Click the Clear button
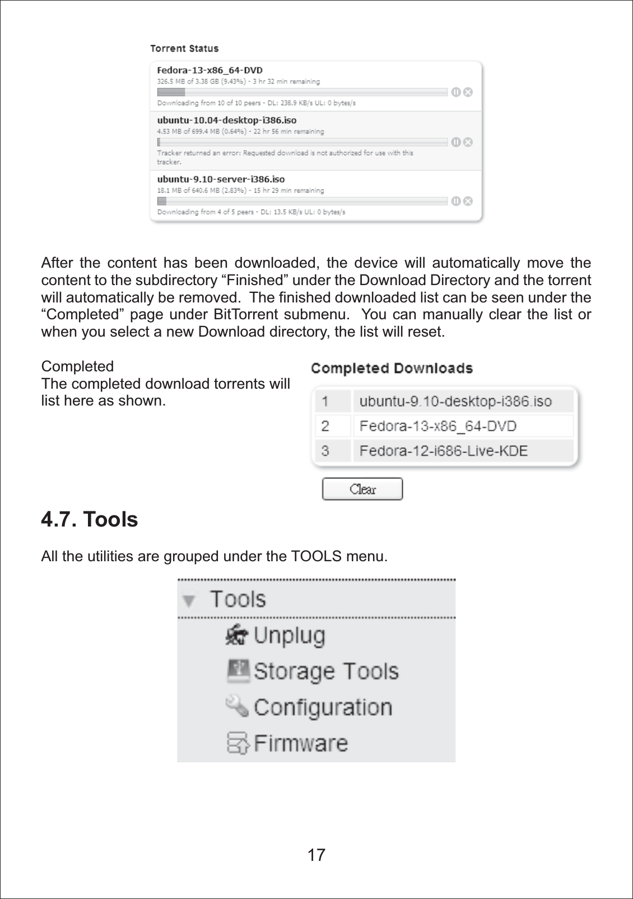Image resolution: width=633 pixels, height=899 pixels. tap(362, 489)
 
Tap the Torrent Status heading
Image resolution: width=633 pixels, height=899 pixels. tap(184, 49)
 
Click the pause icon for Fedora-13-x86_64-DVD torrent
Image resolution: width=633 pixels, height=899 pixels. tap(456, 92)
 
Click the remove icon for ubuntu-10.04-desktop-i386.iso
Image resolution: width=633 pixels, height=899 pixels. tap(468, 142)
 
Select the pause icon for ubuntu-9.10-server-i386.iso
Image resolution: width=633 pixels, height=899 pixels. tap(456, 201)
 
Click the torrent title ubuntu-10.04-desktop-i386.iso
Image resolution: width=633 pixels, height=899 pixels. tap(226, 120)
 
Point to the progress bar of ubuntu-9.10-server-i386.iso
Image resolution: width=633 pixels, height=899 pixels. tap(302, 201)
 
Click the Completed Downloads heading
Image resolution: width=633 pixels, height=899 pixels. tap(392, 369)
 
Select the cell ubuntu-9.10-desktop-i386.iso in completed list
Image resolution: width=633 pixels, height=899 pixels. tap(455, 402)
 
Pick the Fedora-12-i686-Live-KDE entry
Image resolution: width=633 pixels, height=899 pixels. tap(443, 451)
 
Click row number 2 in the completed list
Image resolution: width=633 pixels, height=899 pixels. tap(325, 426)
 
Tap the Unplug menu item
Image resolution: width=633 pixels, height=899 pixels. tap(289, 636)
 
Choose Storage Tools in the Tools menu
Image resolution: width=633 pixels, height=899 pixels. tap(326, 671)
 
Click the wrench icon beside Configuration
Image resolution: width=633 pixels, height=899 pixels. tap(237, 706)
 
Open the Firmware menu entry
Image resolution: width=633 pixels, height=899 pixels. tap(301, 743)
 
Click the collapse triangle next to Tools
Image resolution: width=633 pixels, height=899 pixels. tap(189, 601)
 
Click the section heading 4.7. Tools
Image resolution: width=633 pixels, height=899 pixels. tap(90, 520)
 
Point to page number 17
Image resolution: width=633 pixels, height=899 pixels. tap(316, 855)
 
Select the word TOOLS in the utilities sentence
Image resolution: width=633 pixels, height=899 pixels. tap(316, 557)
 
